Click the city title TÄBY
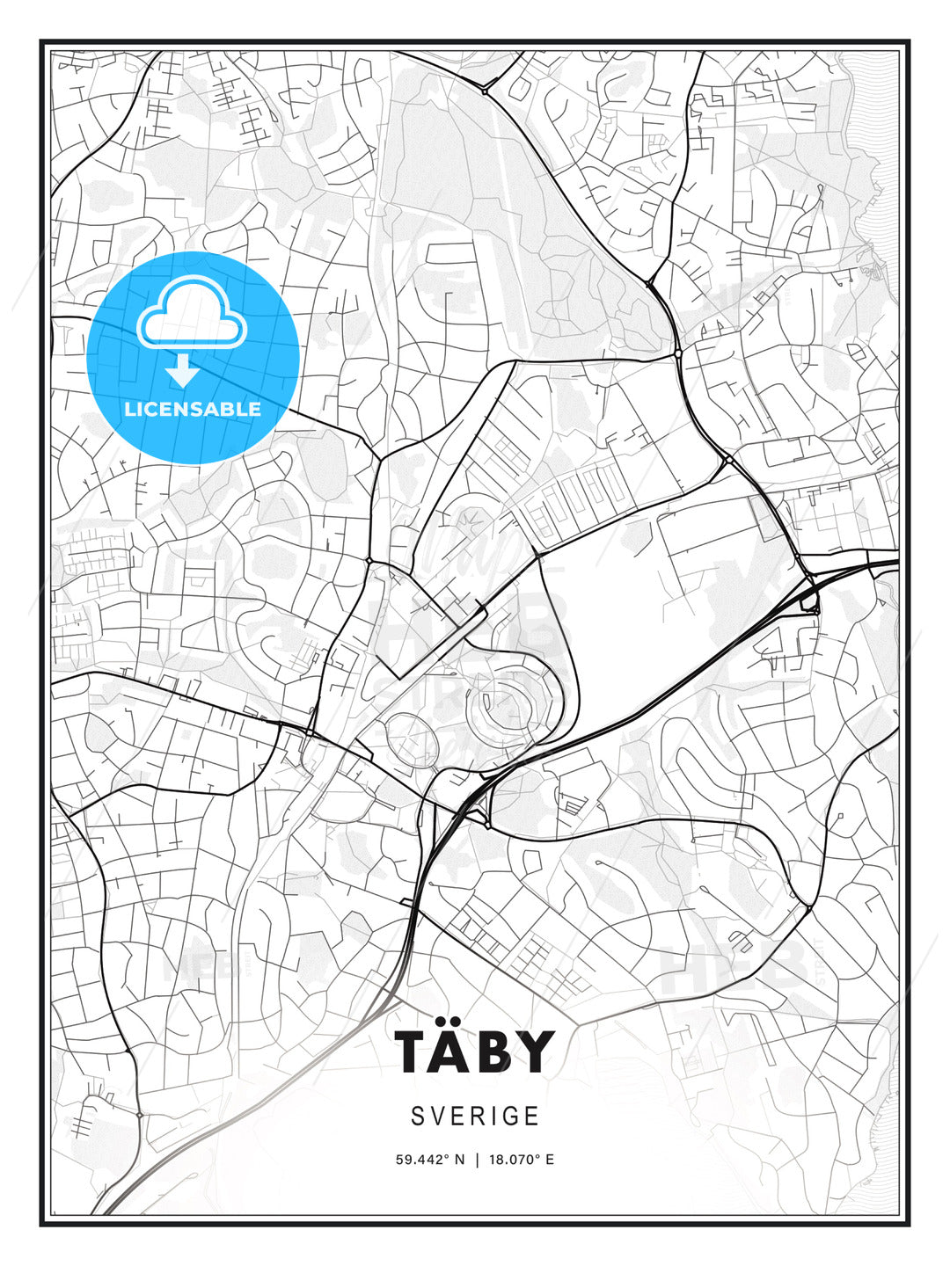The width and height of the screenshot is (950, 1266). (x=475, y=1051)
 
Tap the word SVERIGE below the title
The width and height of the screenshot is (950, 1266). (x=475, y=1116)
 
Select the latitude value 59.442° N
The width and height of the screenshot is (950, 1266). (x=429, y=1159)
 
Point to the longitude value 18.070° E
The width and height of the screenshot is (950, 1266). (x=519, y=1159)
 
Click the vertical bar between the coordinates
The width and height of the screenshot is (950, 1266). (x=476, y=1159)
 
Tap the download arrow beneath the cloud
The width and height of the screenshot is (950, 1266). (x=183, y=369)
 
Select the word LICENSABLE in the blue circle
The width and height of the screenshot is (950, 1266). (x=193, y=409)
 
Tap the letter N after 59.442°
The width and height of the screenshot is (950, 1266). (x=458, y=1159)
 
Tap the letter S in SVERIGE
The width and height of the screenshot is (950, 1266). (x=418, y=1116)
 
